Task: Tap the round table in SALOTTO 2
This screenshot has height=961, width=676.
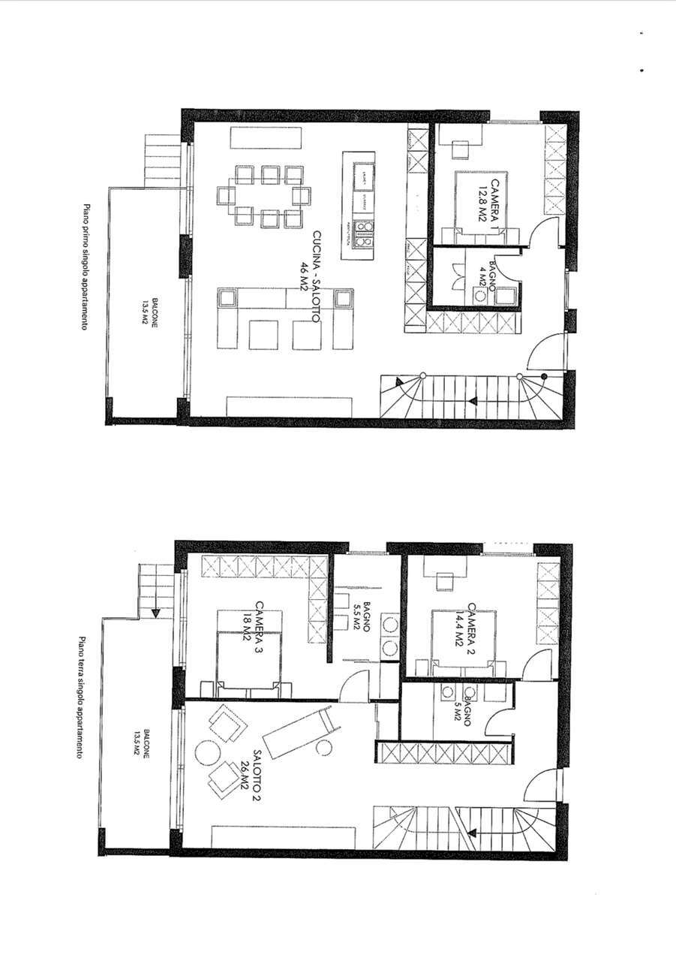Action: point(205,752)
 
